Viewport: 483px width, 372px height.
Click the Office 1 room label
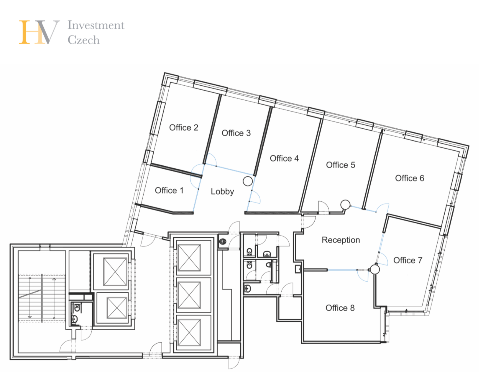point(169,190)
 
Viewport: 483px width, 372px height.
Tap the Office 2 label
point(184,127)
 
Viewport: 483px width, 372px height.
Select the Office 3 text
point(236,133)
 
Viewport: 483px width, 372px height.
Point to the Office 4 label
point(284,158)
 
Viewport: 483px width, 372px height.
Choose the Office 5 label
point(341,165)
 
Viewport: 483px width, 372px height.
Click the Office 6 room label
point(410,178)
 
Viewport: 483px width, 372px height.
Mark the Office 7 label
point(408,260)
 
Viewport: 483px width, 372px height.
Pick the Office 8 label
point(340,308)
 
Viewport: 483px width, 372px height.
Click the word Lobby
point(222,192)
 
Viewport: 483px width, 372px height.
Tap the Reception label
point(341,240)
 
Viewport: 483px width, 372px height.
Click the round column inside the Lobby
point(248,181)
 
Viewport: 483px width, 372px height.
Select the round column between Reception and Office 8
point(375,270)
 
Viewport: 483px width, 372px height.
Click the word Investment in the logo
point(96,25)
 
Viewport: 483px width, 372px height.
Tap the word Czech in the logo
point(83,40)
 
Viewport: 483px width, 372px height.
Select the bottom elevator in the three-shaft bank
point(189,333)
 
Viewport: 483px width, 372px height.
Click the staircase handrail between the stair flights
point(42,298)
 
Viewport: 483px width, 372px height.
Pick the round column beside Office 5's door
point(345,205)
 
